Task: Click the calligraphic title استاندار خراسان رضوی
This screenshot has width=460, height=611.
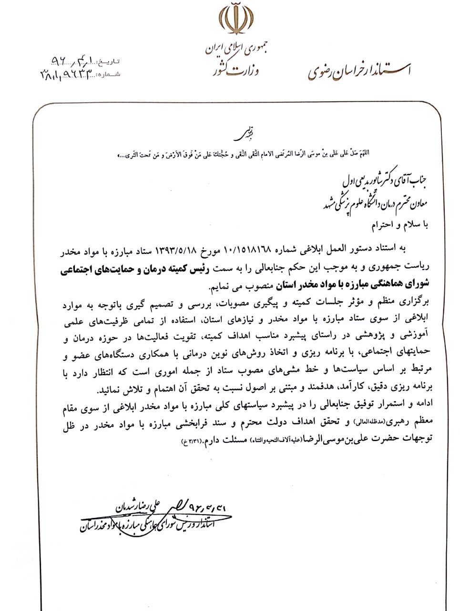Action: pos(358,70)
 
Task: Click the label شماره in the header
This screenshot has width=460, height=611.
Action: pos(110,74)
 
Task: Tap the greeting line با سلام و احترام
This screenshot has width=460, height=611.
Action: pos(399,225)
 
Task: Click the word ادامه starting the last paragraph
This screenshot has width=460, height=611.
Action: pos(419,404)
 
